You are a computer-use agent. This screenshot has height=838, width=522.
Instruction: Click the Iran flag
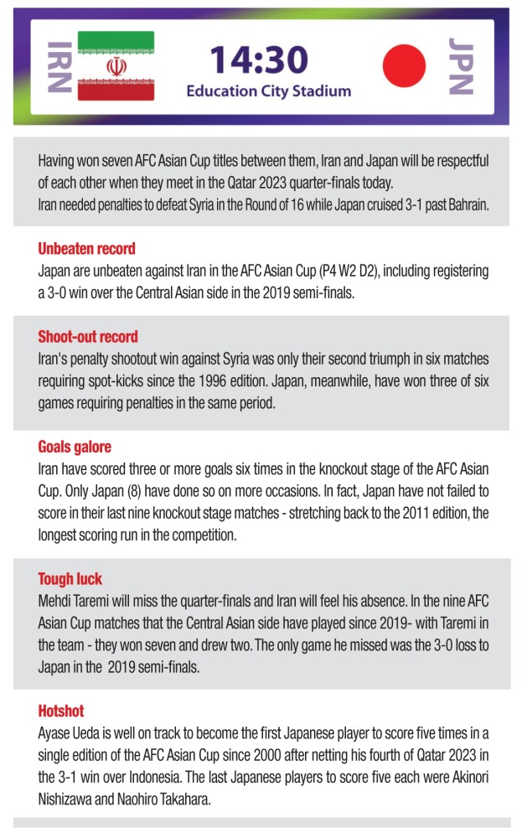(x=116, y=66)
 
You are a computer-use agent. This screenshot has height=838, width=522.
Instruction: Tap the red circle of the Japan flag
(x=406, y=65)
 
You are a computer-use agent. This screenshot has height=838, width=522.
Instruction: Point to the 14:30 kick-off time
(x=259, y=59)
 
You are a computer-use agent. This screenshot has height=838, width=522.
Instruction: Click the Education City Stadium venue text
(x=268, y=91)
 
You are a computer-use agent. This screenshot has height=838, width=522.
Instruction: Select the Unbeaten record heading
(x=86, y=249)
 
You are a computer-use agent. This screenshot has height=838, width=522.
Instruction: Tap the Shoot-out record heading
(x=88, y=337)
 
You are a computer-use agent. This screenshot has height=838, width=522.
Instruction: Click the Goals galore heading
(x=75, y=447)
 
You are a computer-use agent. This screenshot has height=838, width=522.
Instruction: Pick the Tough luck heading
(x=70, y=579)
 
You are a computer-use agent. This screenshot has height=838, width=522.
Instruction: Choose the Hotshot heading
(x=61, y=711)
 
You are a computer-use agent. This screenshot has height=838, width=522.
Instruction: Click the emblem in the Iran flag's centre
(x=116, y=66)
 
